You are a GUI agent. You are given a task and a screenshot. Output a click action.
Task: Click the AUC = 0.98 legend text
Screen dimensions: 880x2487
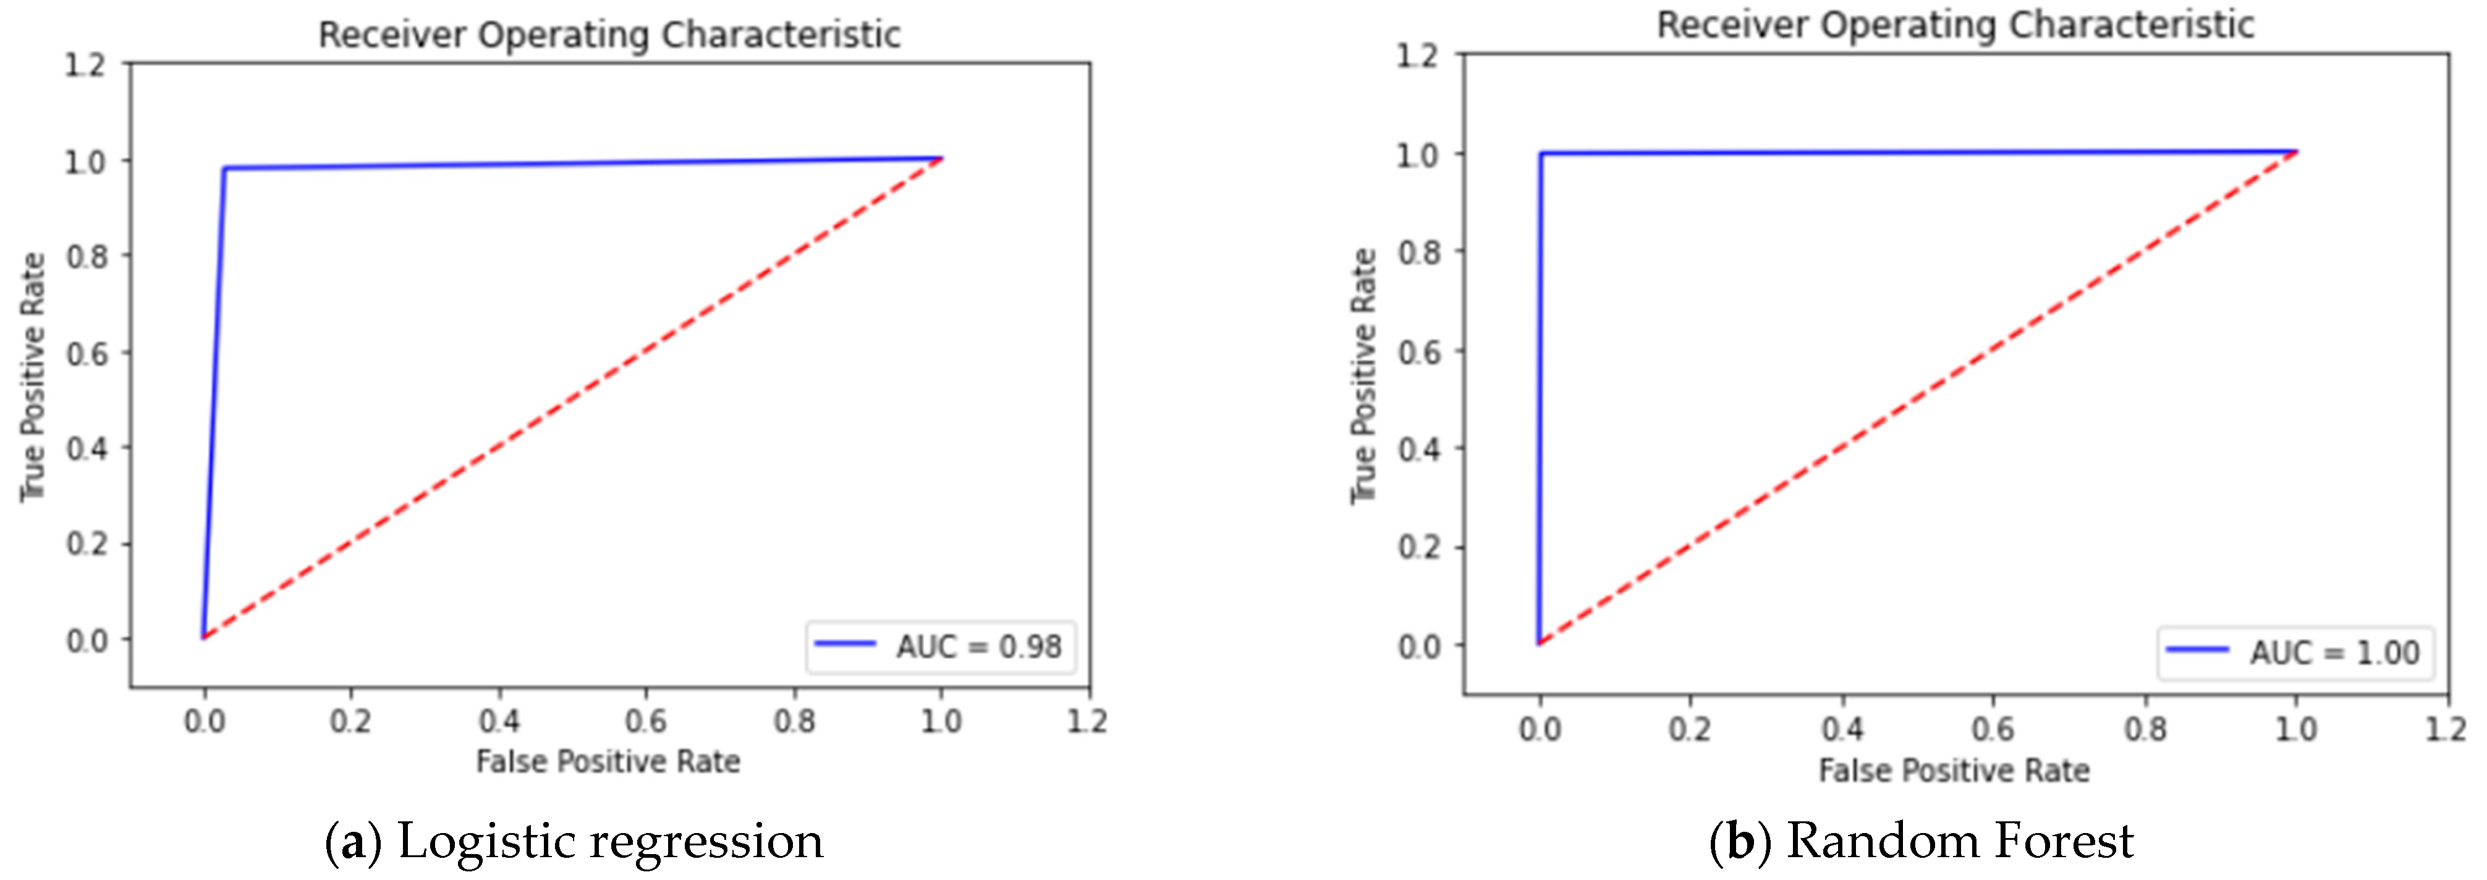click(x=978, y=647)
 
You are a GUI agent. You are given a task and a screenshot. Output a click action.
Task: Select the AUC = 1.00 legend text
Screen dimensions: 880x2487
click(x=2334, y=653)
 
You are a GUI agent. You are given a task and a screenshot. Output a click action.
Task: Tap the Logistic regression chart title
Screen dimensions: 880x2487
click(x=609, y=35)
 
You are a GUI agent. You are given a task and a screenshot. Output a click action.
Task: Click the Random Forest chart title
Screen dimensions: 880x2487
click(x=1955, y=25)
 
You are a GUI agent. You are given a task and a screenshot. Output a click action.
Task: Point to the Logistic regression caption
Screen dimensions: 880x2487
click(x=574, y=840)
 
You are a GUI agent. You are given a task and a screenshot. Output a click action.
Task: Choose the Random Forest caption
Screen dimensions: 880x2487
click(x=1921, y=840)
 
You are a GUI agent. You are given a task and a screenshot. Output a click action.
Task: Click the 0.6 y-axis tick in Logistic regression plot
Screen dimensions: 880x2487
click(x=87, y=353)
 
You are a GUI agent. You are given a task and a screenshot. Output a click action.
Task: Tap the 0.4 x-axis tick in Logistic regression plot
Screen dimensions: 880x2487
click(x=499, y=721)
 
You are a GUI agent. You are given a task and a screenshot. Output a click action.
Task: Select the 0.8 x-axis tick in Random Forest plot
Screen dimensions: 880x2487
click(x=2145, y=729)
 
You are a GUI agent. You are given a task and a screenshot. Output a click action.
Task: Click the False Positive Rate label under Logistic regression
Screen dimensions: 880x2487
click(x=608, y=761)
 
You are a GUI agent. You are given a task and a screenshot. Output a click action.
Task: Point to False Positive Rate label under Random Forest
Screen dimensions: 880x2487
click(x=1954, y=770)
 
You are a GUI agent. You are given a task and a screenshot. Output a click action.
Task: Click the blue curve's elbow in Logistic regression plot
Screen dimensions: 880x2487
click(x=224, y=169)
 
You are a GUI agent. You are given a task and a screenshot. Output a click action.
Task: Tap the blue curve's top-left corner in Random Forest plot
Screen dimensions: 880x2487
click(x=1541, y=153)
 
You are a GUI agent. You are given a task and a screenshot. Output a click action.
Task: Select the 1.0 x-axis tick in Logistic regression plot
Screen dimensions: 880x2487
click(x=940, y=721)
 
